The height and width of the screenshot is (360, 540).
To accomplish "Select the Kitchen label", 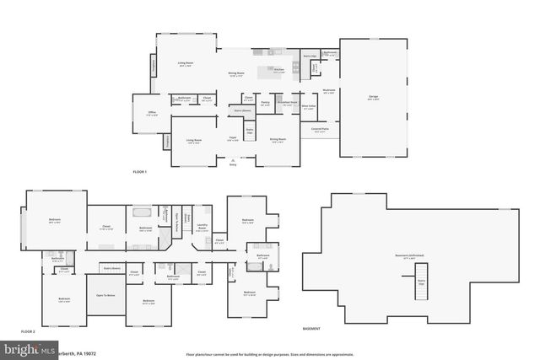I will pos(278,70).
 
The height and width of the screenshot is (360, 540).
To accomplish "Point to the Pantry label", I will pos(265,104).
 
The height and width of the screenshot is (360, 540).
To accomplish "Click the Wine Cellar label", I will pos(309,106).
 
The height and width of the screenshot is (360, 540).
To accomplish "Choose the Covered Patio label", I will pos(320,129).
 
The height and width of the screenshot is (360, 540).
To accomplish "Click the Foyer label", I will pos(231,140).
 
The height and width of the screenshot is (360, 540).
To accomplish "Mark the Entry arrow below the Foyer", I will pos(233,162).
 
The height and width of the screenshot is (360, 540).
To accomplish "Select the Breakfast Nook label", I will pos(288,102).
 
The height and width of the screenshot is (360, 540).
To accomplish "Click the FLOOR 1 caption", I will pos(140,172).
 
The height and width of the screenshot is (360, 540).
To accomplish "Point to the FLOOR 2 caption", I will pos(29,331).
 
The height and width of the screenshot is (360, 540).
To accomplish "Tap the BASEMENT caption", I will pos(311,327).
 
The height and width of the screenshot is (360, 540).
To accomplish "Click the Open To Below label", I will pos(105,294).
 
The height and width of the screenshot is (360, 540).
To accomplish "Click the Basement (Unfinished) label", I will pos(408,255).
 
